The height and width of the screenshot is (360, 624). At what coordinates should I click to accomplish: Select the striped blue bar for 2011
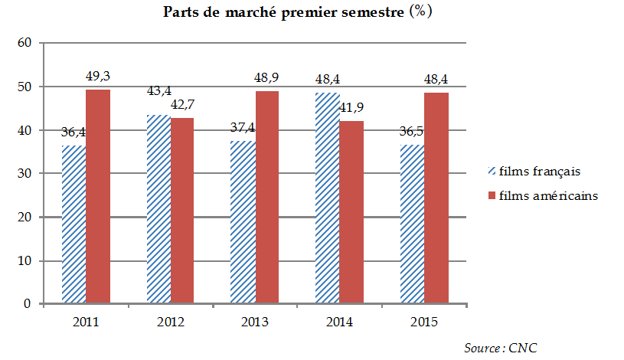pyautogui.click(x=74, y=224)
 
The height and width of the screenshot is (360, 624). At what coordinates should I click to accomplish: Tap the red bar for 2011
pyautogui.click(x=98, y=196)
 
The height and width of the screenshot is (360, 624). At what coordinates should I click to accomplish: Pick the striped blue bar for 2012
pyautogui.click(x=158, y=208)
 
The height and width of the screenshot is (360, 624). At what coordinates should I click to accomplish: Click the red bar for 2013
pyautogui.click(x=267, y=197)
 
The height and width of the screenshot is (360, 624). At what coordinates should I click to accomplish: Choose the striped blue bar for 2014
pyautogui.click(x=328, y=198)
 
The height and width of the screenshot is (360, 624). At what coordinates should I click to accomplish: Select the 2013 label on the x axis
pyautogui.click(x=255, y=322)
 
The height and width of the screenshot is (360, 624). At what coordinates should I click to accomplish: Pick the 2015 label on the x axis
pyautogui.click(x=425, y=322)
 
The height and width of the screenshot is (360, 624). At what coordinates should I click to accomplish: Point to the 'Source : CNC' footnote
pyautogui.click(x=501, y=349)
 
